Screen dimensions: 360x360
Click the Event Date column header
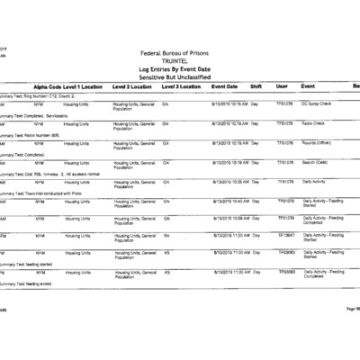224,86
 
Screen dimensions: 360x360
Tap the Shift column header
256,86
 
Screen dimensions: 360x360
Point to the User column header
282,86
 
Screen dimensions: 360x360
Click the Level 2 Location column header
131,86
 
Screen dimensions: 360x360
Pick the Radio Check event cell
314,123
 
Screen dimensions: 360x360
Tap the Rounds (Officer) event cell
317,142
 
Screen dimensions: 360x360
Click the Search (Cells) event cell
317,162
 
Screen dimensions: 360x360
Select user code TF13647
286,236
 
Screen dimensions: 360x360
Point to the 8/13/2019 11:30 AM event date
230,271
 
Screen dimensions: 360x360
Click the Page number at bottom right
351,309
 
